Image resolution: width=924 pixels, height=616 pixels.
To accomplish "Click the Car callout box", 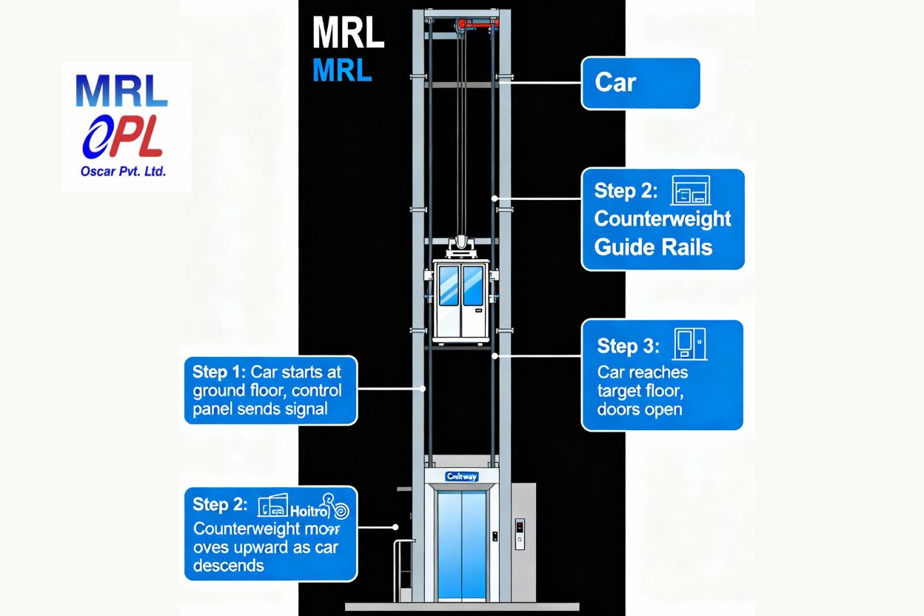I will (x=640, y=83).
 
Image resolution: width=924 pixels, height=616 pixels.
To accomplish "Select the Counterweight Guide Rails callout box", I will (x=663, y=219).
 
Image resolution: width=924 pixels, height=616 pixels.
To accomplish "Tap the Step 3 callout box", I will (x=662, y=375).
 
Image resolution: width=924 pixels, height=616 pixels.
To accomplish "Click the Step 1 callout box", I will (x=270, y=390).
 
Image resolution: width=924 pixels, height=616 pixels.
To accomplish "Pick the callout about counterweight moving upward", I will (x=270, y=533).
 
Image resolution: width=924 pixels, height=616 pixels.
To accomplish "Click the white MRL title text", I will (x=348, y=34).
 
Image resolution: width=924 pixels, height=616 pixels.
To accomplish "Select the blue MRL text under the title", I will (x=342, y=70).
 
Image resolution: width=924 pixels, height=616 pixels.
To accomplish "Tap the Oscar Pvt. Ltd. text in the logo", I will (x=123, y=171).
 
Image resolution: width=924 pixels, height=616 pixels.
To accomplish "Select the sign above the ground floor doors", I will (x=462, y=477).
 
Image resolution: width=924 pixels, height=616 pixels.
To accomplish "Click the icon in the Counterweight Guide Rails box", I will (x=690, y=190).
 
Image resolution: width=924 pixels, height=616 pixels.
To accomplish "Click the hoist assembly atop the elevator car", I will (x=461, y=245).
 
